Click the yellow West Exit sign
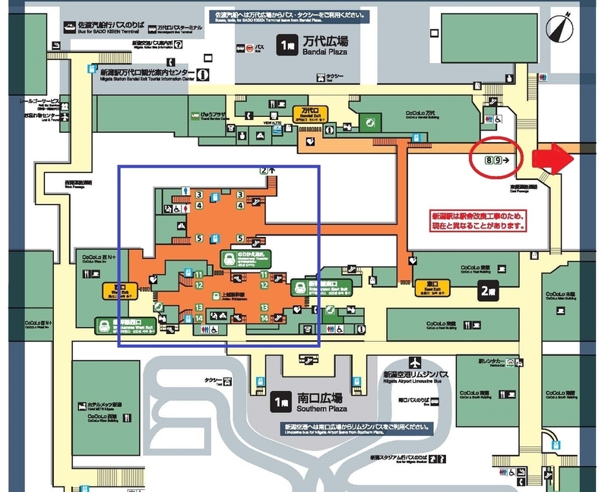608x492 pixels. point(110,291)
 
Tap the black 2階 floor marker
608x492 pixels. point(488,289)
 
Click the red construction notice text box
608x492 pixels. point(477,220)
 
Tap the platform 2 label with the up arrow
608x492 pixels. point(266,170)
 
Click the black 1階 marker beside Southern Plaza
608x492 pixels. point(283,398)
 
